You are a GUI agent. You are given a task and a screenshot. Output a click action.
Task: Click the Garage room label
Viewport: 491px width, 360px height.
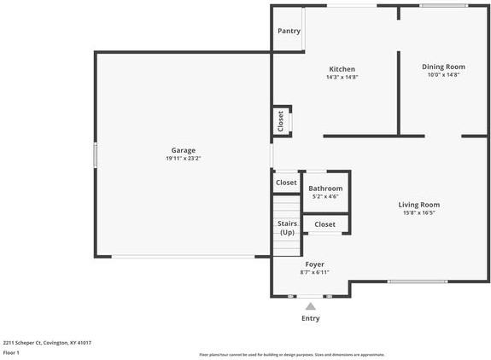pyautogui.click(x=184, y=150)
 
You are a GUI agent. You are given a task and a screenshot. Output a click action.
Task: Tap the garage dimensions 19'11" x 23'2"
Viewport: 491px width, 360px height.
pyautogui.click(x=184, y=159)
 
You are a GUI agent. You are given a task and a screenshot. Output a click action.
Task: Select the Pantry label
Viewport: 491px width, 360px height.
pyautogui.click(x=289, y=31)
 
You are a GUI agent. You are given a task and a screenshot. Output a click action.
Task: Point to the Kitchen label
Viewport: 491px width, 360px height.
pyautogui.click(x=342, y=69)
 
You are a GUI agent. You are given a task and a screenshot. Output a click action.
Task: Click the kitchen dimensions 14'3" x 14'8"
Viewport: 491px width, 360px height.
pyautogui.click(x=342, y=77)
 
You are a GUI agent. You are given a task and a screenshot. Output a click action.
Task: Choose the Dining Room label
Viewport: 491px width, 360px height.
pyautogui.click(x=444, y=67)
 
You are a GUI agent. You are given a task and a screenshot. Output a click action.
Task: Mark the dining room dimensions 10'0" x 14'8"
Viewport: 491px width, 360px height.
pyautogui.click(x=444, y=74)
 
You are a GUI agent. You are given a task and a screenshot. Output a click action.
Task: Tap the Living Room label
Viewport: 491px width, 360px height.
pyautogui.click(x=419, y=205)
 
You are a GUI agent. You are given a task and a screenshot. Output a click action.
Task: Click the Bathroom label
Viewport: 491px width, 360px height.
pyautogui.click(x=325, y=189)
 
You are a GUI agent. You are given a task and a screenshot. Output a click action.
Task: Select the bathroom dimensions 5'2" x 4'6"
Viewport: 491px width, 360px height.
pyautogui.click(x=325, y=196)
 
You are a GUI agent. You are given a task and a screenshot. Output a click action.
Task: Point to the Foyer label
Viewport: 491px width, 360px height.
pyautogui.click(x=314, y=264)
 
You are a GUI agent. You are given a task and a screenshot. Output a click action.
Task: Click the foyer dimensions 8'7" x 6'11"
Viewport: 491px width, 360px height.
pyautogui.click(x=314, y=272)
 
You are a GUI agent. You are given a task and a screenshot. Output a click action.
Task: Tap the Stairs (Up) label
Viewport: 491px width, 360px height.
pyautogui.click(x=287, y=228)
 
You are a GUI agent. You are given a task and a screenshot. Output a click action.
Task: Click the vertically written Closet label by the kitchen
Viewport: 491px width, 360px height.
pyautogui.click(x=280, y=122)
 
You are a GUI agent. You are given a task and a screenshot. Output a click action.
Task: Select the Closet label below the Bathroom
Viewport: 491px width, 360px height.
pyautogui.click(x=324, y=224)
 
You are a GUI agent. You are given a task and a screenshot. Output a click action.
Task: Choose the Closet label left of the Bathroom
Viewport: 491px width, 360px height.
pyautogui.click(x=286, y=183)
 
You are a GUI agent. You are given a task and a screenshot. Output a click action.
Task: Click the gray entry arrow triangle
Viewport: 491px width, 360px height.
pyautogui.click(x=311, y=306)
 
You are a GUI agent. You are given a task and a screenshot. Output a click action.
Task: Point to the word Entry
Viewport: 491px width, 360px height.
pyautogui.click(x=311, y=318)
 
